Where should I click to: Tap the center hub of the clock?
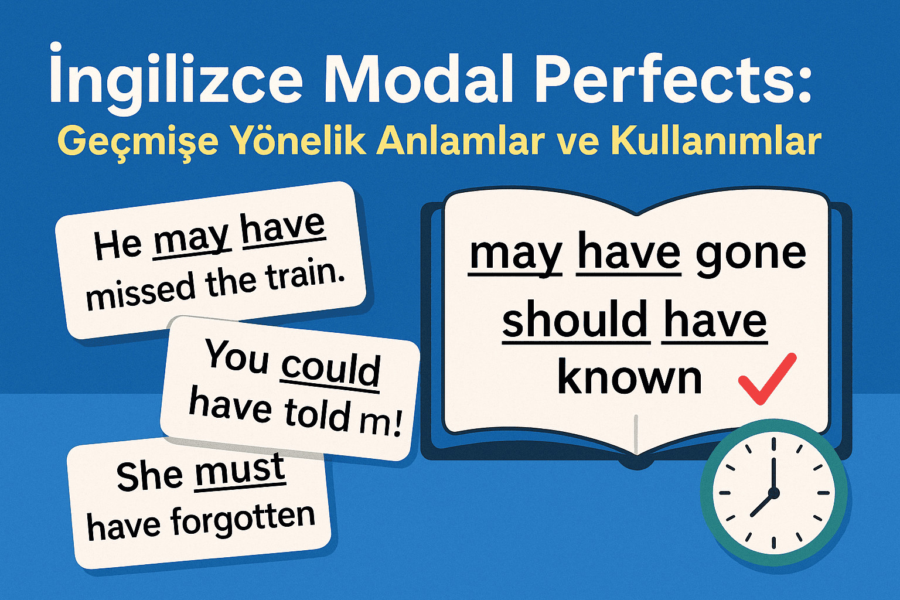[x=773, y=493]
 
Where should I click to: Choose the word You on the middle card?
[x=237, y=355]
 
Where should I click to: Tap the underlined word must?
[x=240, y=470]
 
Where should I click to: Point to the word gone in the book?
[x=751, y=255]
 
